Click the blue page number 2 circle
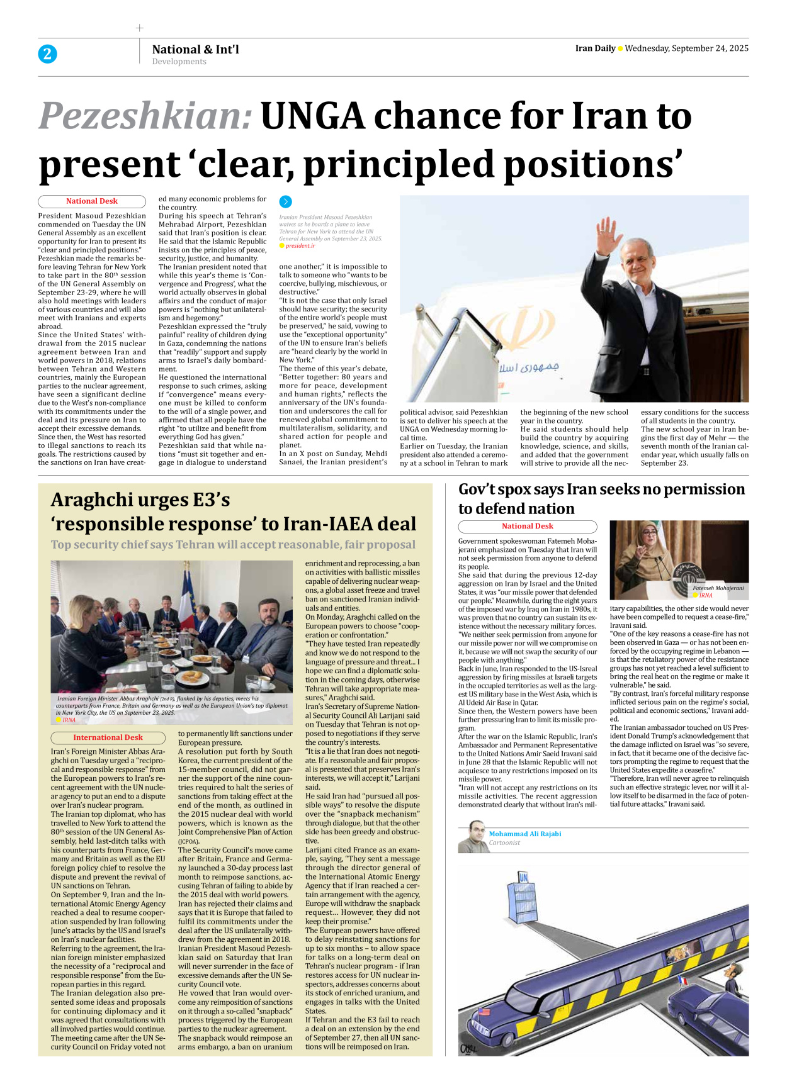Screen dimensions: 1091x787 47,54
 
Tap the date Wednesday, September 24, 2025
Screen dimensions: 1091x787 686,48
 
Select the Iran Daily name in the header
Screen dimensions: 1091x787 595,48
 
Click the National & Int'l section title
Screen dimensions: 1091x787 195,49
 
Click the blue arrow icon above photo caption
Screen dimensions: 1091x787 285,202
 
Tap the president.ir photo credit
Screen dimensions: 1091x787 300,246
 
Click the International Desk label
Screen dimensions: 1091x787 108,737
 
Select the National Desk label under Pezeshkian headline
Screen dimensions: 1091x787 92,201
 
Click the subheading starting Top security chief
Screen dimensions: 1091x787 233,545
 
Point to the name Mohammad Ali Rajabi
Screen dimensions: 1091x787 524,834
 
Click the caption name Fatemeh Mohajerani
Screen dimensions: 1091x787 718,588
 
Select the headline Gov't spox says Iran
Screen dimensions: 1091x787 601,498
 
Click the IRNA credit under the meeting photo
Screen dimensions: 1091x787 69,720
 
